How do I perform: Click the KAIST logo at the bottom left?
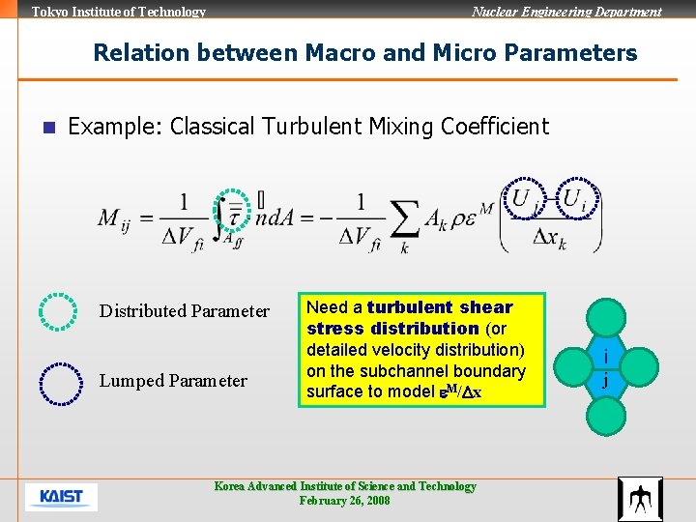[x=61, y=498]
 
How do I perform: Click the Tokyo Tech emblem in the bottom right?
[x=640, y=499]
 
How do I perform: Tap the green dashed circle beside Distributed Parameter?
[x=58, y=311]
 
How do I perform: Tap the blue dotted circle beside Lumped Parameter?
[x=58, y=382]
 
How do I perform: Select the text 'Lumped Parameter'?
[x=173, y=381]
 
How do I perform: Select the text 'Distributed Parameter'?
[x=185, y=311]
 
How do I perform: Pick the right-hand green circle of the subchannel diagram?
[x=639, y=367]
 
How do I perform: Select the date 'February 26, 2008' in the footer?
[x=345, y=501]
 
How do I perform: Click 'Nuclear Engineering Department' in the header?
[x=566, y=12]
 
